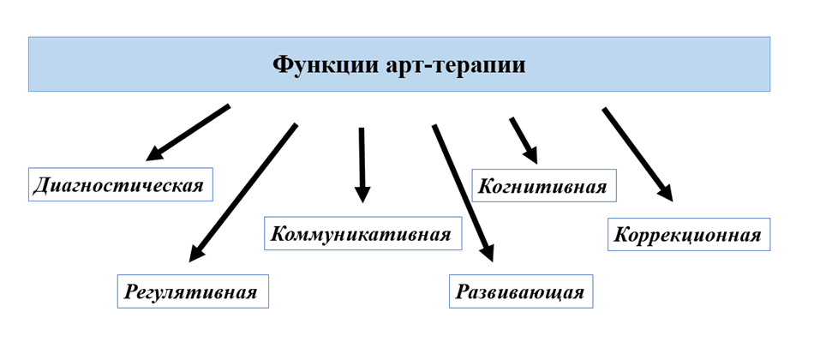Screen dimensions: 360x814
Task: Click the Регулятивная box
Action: (192, 291)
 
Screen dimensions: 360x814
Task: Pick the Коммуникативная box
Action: (361, 234)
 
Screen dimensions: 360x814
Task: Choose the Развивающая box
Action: (520, 291)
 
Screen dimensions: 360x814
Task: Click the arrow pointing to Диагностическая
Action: (189, 133)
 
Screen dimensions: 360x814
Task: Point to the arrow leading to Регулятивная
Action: (243, 192)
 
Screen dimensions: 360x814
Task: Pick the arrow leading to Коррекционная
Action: (637, 154)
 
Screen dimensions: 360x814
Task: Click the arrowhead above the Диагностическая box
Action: (154, 153)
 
